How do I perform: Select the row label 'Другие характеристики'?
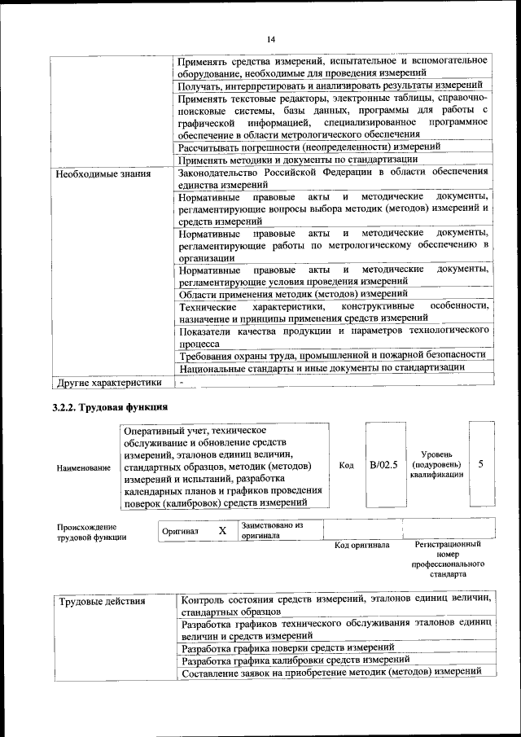click(x=107, y=382)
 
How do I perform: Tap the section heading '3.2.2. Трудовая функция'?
click(x=111, y=407)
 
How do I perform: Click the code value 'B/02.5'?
click(x=383, y=465)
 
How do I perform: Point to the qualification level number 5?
click(x=481, y=464)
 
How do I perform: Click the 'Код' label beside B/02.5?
click(x=346, y=465)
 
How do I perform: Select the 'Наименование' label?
click(x=84, y=468)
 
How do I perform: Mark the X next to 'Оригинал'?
click(x=221, y=531)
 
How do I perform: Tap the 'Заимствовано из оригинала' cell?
click(x=273, y=531)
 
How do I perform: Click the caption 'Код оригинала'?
click(x=362, y=545)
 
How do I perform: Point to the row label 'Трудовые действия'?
click(x=102, y=602)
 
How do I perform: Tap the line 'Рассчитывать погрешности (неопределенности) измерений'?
click(x=310, y=147)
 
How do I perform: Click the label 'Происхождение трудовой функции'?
click(x=87, y=532)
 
